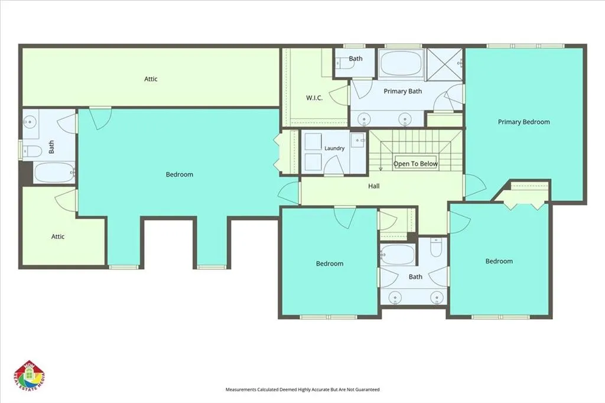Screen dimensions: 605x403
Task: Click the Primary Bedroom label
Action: click(x=523, y=122)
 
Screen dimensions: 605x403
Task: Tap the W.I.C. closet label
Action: click(x=314, y=98)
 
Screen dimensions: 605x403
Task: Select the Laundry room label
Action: click(x=334, y=148)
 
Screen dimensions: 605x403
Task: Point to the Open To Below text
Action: click(x=415, y=164)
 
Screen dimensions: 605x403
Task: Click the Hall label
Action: click(x=373, y=186)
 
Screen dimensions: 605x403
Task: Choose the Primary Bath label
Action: click(x=402, y=92)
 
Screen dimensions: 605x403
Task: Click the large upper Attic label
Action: click(x=151, y=79)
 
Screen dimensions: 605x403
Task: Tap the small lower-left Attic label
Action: click(x=58, y=236)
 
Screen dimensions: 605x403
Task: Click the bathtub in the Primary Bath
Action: click(x=401, y=63)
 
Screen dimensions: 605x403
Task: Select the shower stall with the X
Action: click(x=444, y=64)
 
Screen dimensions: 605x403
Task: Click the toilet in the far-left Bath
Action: click(x=32, y=151)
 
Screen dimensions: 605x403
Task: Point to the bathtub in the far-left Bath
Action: click(x=54, y=173)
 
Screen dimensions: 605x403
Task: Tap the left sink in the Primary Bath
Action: click(x=363, y=119)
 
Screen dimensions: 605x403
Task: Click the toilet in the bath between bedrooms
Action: click(x=436, y=248)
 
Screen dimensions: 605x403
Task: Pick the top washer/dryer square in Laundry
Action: click(x=313, y=142)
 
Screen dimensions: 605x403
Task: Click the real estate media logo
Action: click(x=30, y=377)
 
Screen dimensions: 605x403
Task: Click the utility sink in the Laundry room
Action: click(x=357, y=140)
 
